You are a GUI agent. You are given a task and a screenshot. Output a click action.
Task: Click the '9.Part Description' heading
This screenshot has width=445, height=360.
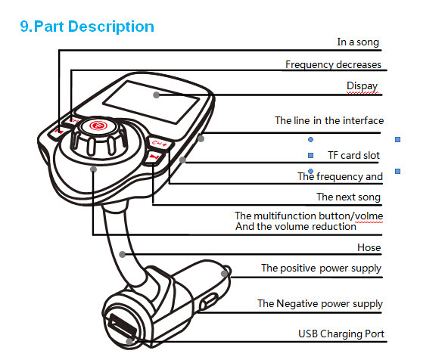tap(87, 27)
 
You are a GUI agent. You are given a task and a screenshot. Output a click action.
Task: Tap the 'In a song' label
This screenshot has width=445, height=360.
tap(358, 42)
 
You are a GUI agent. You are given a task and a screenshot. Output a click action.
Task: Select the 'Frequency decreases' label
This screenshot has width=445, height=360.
tap(333, 65)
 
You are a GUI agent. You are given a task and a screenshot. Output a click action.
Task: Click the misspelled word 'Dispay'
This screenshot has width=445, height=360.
tap(362, 86)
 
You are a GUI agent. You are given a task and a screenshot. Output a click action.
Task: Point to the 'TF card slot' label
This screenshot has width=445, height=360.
tap(353, 156)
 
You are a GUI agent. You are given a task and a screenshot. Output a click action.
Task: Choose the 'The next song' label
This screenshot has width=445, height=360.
tap(348, 197)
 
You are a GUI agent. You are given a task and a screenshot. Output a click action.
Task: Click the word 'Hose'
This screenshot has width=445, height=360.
tap(369, 247)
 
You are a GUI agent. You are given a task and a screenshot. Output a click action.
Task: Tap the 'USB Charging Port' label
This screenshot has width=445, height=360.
tap(341, 334)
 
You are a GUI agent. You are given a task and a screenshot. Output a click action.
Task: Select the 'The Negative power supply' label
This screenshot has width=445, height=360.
tap(320, 304)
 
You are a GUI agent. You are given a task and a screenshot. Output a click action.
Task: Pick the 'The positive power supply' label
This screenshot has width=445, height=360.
tap(321, 268)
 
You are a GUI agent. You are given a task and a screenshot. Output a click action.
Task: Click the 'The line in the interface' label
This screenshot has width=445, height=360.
tap(329, 120)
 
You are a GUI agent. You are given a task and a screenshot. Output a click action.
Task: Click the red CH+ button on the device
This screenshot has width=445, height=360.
tap(159, 144)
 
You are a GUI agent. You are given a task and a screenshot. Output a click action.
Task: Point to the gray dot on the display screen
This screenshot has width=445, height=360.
tap(156, 95)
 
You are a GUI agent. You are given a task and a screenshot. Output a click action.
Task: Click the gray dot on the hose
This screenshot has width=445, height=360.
tap(123, 254)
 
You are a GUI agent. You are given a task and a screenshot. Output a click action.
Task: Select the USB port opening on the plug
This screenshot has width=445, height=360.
tap(122, 326)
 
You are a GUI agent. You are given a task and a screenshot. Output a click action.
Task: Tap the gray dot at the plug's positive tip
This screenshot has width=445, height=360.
tap(224, 274)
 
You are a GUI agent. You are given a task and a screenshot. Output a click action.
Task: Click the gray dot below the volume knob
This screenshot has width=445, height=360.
tap(93, 169)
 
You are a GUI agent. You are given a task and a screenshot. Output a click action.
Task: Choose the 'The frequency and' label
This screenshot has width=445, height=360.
tap(340, 177)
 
